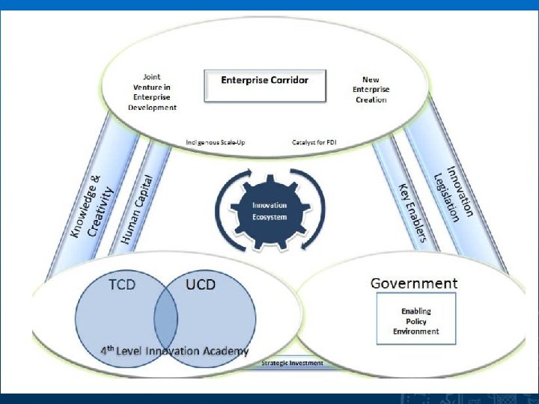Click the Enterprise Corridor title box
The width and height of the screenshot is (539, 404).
click(x=265, y=85)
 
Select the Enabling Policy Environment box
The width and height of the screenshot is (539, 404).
click(x=415, y=321)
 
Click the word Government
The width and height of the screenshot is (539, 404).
click(x=414, y=284)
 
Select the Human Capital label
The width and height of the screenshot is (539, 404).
click(x=137, y=209)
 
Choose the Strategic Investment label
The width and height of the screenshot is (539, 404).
click(x=292, y=364)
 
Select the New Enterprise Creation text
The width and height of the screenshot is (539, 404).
click(x=371, y=89)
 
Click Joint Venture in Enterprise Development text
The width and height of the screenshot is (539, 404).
click(x=153, y=92)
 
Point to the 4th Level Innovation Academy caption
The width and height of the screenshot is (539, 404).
click(x=175, y=351)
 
